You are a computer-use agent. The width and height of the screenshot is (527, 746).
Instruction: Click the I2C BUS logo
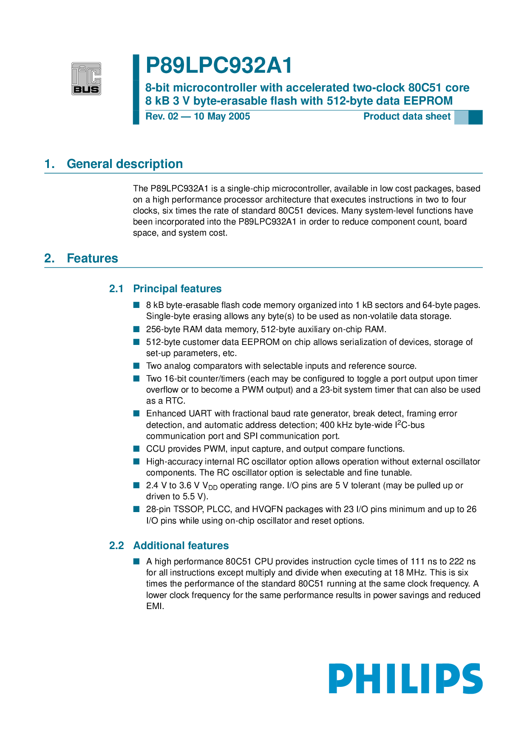[x=86, y=79]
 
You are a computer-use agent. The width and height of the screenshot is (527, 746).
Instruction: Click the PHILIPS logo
[x=405, y=678]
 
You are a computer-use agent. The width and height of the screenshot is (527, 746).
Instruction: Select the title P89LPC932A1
[x=219, y=66]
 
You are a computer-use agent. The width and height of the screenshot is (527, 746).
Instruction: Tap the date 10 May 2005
[x=222, y=117]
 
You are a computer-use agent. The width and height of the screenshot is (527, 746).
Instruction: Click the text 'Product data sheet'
[x=407, y=117]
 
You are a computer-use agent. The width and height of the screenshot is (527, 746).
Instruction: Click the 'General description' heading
[x=125, y=164]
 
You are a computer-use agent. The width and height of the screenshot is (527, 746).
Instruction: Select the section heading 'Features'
[x=92, y=258]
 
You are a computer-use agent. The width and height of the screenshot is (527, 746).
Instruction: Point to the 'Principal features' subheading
[x=177, y=289]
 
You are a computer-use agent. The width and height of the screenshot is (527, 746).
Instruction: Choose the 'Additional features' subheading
[x=181, y=546]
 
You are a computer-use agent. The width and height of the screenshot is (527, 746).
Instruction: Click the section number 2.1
[x=116, y=289]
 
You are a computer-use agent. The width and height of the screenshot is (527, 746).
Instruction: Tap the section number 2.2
[x=116, y=546]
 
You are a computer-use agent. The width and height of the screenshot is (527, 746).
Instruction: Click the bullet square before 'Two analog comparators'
[x=136, y=366]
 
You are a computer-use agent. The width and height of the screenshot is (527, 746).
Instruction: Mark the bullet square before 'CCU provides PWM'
[x=136, y=449]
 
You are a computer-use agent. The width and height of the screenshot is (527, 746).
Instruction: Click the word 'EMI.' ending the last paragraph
[x=155, y=606]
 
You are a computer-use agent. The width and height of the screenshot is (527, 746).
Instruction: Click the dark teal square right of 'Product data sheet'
[x=475, y=117]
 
